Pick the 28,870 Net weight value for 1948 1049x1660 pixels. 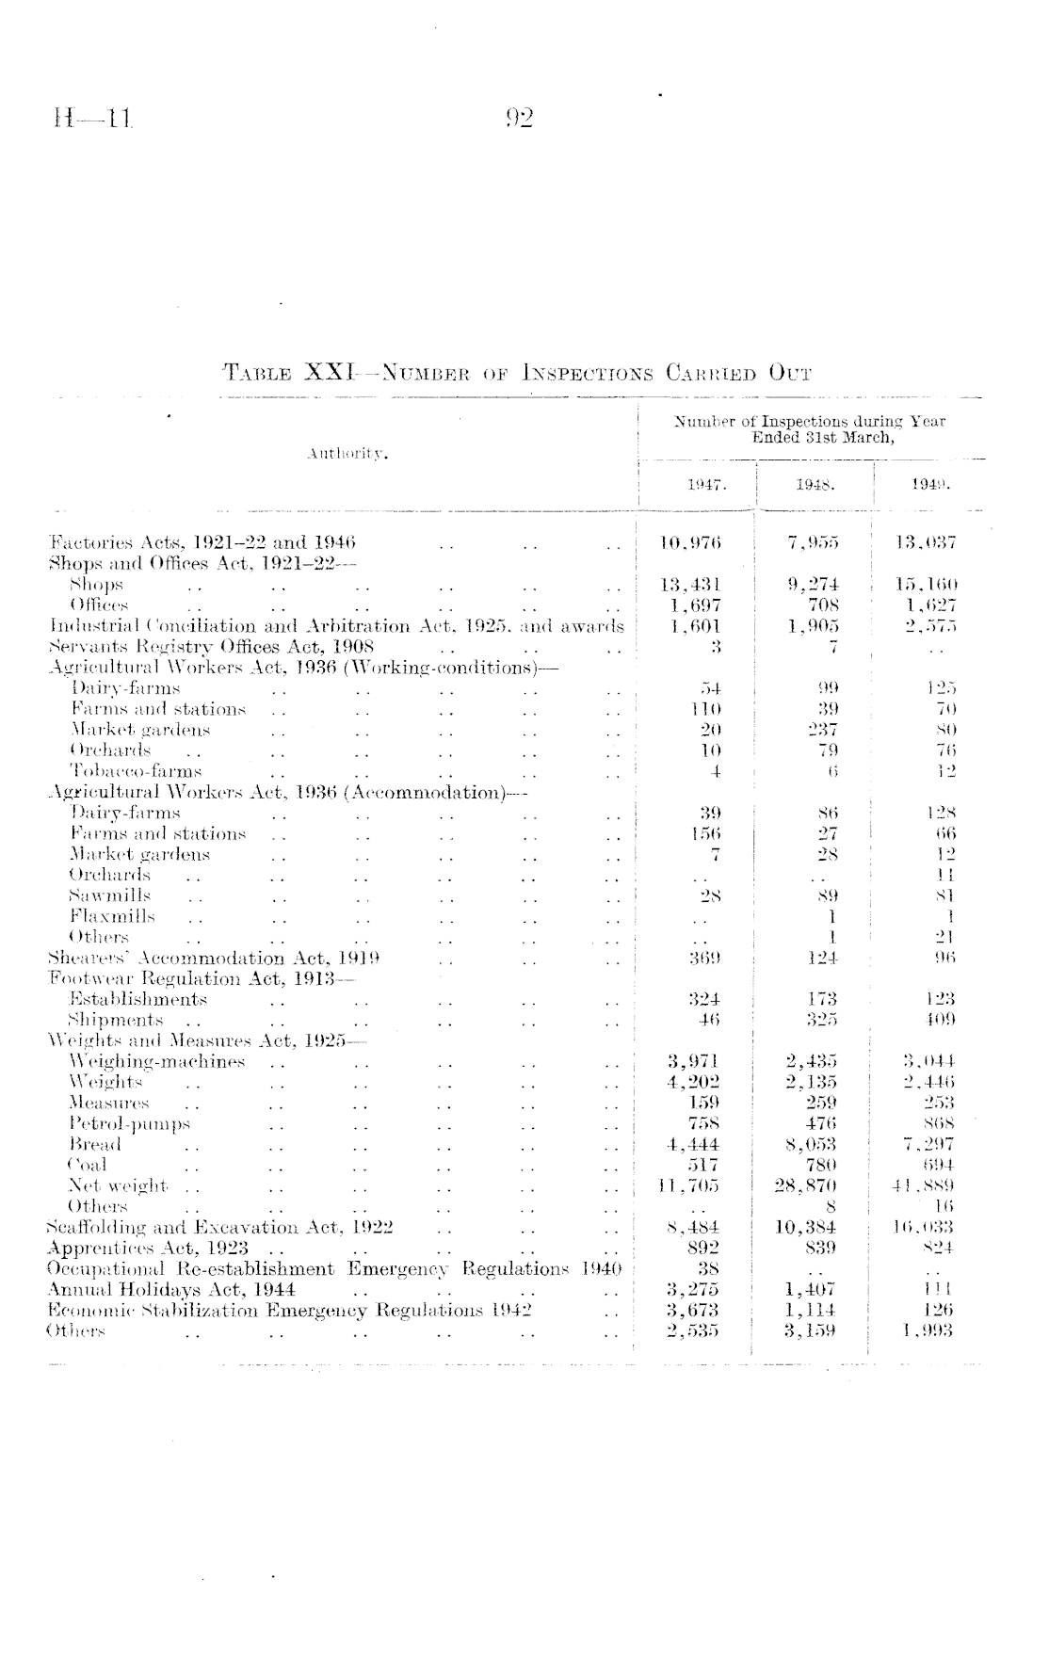point(806,1185)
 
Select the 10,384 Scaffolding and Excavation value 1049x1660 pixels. point(806,1227)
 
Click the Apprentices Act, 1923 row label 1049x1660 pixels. point(147,1248)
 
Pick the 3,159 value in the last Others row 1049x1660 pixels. point(811,1330)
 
